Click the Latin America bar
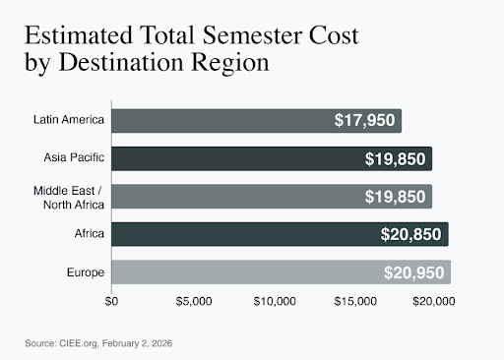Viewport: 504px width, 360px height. coord(256,121)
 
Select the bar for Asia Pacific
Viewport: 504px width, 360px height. coord(272,158)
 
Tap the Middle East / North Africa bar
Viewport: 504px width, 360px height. coord(272,197)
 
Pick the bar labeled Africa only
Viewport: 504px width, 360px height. coord(280,234)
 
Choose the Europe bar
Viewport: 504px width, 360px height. coord(281,272)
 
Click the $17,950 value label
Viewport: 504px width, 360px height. coord(364,120)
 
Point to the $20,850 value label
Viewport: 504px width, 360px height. coord(410,234)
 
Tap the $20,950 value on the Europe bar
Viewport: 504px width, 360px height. coord(413,272)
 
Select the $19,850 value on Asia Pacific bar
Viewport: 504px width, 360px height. coord(395,159)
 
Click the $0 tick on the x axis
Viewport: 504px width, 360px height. coord(111,301)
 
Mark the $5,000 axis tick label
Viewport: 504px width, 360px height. coord(194,301)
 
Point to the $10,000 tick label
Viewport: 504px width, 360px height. coord(275,301)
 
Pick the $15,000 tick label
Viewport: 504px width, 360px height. coord(355,301)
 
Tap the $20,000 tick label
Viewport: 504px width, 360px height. coord(434,301)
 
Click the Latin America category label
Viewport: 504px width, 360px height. coord(69,120)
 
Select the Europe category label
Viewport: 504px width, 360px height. coord(86,272)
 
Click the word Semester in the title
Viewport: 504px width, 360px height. coord(252,35)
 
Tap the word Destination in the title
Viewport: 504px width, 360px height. coord(121,62)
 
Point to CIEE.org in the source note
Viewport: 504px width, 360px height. coord(79,343)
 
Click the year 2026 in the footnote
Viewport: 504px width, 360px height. coord(162,343)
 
